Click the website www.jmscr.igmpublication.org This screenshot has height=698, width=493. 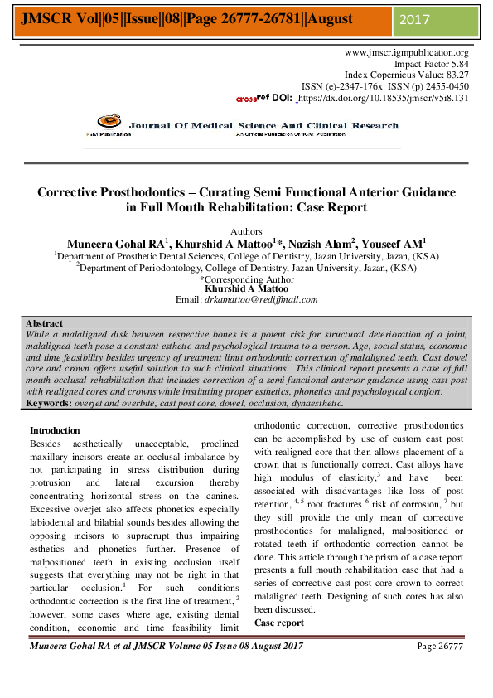tap(406, 52)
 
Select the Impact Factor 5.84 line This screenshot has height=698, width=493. tap(431, 63)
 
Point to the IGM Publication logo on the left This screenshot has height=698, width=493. tap(109, 125)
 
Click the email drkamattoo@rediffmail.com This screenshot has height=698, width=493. tap(264, 299)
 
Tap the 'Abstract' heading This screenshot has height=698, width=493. tap(44, 323)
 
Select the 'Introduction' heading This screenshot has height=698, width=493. tap(55, 430)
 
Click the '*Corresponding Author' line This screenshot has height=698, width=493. tap(246, 279)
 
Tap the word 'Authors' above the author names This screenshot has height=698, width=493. tap(246, 231)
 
